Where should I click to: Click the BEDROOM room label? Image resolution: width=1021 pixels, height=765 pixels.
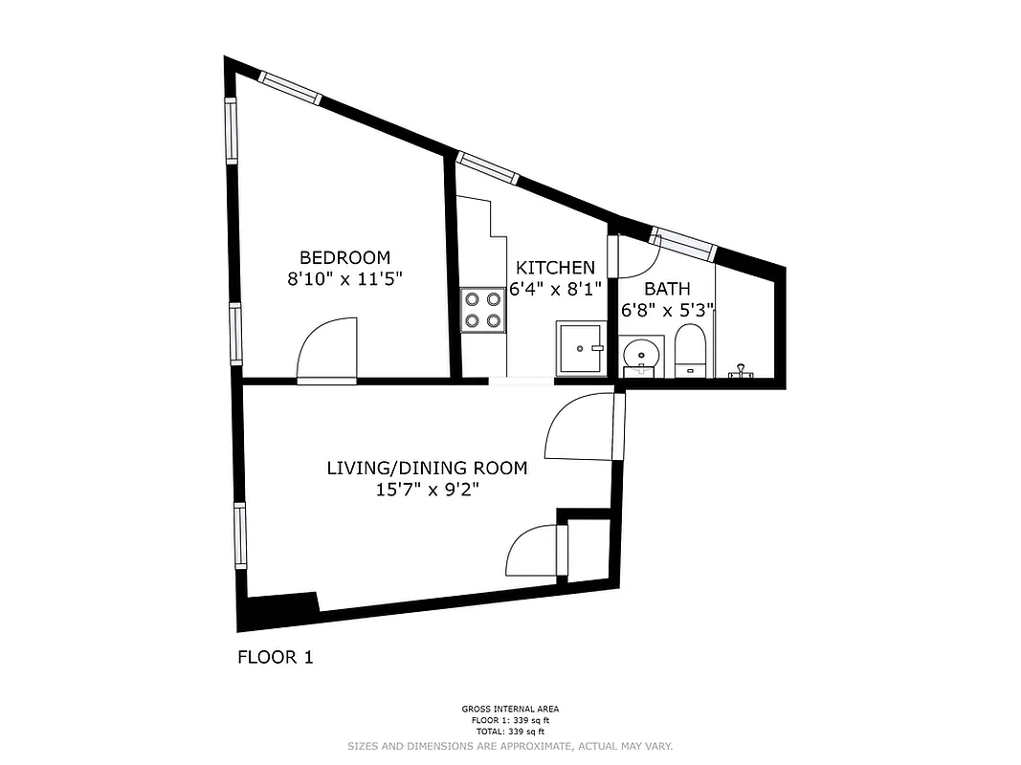(x=344, y=257)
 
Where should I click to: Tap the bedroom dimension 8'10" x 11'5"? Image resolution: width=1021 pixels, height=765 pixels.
(x=344, y=279)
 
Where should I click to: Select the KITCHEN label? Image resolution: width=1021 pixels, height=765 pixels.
(x=555, y=268)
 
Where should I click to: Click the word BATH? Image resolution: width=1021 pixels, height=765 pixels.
(x=667, y=289)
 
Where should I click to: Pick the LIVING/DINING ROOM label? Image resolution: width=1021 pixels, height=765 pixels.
(x=427, y=469)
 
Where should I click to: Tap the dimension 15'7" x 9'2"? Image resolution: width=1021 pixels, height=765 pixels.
(x=427, y=491)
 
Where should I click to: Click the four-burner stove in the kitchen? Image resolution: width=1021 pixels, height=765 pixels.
(x=483, y=309)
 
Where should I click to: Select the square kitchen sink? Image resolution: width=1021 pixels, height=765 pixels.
(x=580, y=348)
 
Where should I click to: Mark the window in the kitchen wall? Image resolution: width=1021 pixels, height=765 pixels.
(x=487, y=168)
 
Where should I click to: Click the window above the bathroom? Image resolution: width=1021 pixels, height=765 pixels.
(x=682, y=242)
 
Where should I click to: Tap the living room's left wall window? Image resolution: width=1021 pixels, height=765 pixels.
(x=240, y=535)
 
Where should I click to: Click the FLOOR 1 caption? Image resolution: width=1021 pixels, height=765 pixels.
(x=275, y=657)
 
